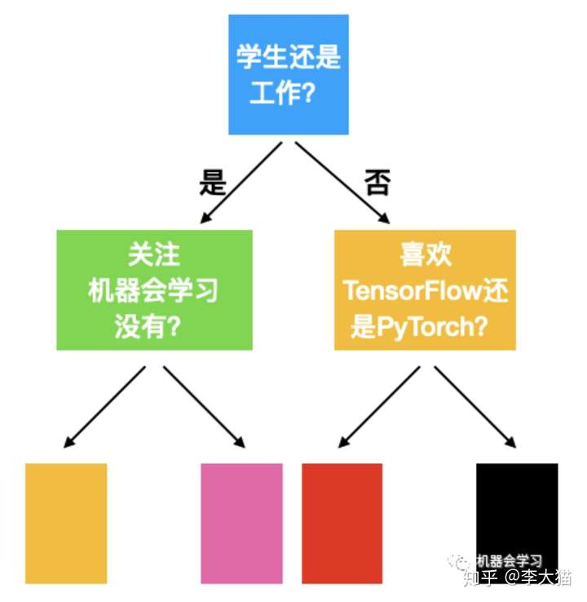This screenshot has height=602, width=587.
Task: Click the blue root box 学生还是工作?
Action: point(289,74)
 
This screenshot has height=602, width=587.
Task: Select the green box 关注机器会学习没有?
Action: point(154,290)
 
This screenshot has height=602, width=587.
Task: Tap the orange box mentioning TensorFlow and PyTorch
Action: point(425,290)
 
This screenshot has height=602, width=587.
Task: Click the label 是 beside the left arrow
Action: point(213,182)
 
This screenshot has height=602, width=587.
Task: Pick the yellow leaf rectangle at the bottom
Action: point(66,524)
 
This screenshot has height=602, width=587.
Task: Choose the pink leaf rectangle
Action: point(241,524)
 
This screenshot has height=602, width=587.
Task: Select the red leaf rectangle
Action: point(342,524)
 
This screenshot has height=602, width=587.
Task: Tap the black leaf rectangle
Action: point(517,524)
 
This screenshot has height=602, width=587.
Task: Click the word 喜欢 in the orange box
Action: point(425,255)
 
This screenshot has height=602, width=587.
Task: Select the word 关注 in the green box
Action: point(154,255)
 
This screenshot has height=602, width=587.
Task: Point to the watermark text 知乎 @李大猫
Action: point(517,578)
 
